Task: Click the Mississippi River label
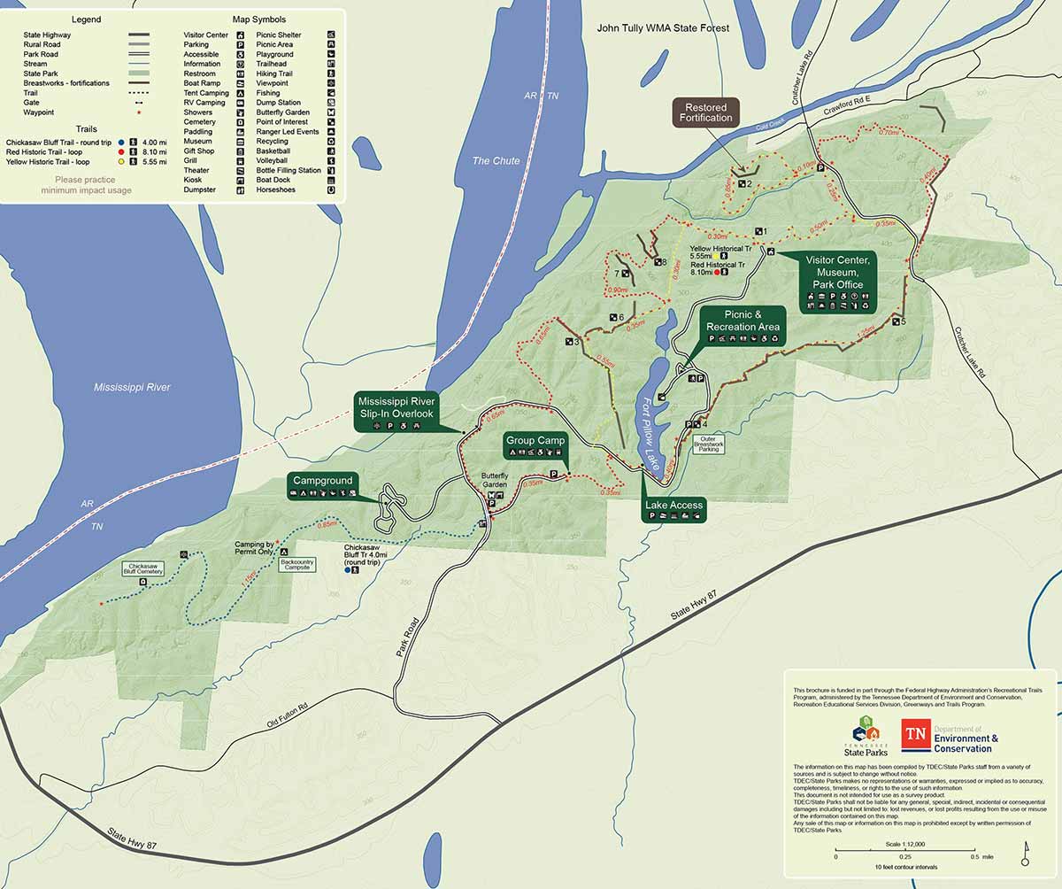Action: (132, 388)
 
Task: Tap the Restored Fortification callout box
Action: (706, 112)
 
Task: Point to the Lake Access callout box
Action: (673, 510)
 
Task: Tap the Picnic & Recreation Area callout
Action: (743, 326)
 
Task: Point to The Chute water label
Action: (496, 160)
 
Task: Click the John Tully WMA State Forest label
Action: (663, 28)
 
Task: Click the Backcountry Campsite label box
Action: (296, 564)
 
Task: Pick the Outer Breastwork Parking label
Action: (709, 444)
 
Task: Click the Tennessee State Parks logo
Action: (864, 734)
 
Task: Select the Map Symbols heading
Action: (258, 19)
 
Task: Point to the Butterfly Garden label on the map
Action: (496, 480)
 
